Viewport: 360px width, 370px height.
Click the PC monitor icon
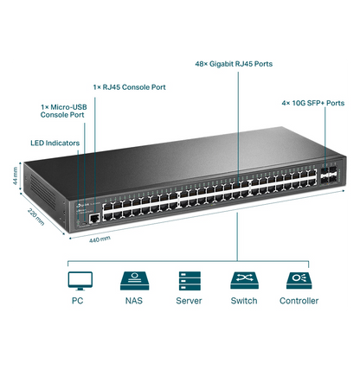tap(79, 280)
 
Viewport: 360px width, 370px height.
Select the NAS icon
tap(132, 280)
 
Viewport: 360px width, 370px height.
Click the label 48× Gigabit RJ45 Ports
tap(233, 63)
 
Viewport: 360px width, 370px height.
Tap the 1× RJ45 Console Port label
tap(129, 87)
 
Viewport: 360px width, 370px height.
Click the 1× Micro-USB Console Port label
tap(62, 111)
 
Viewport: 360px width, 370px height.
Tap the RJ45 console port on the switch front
tap(93, 220)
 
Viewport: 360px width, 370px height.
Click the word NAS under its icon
tap(132, 301)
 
